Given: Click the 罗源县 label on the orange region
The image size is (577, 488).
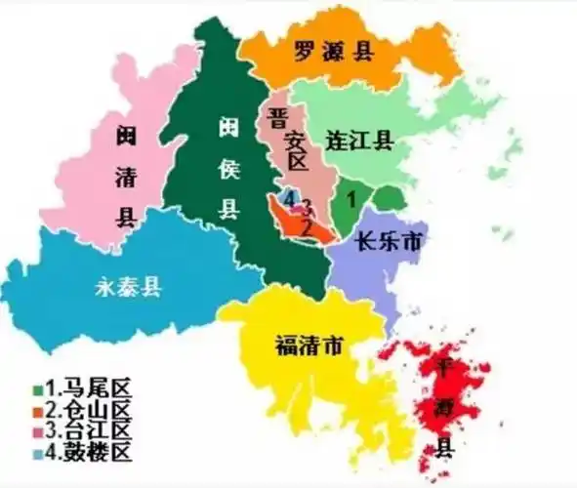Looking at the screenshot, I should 334,52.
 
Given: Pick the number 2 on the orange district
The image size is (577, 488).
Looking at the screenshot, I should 307,227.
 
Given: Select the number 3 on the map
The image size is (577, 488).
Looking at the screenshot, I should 307,207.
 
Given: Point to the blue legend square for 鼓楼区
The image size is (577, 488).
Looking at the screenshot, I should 35,453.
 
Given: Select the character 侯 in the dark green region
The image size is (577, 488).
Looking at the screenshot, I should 227,168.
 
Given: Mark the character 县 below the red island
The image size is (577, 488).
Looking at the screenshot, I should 444,449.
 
